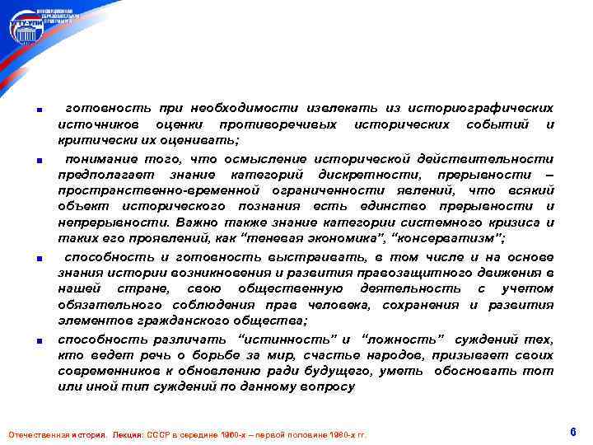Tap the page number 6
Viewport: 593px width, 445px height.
click(572, 432)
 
